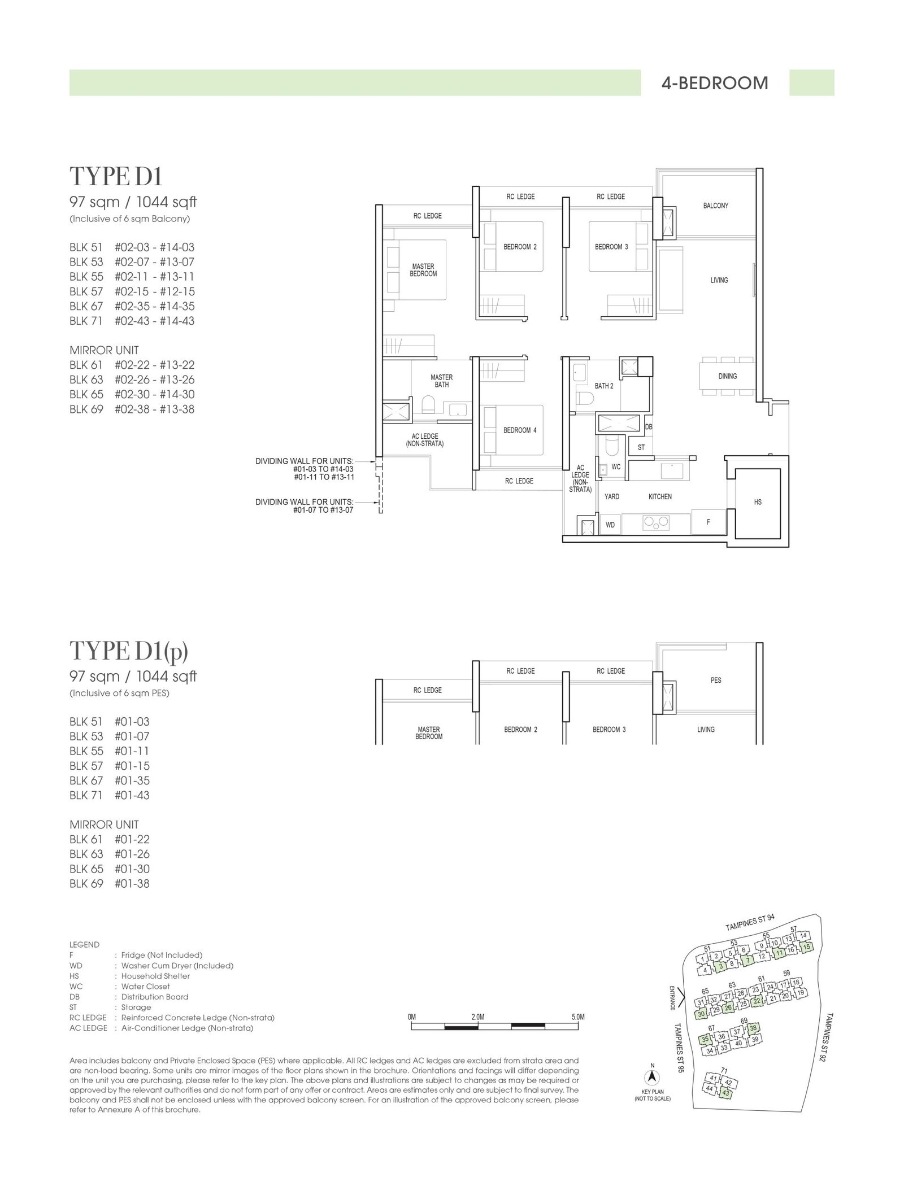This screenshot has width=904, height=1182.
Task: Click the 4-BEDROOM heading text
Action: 714,83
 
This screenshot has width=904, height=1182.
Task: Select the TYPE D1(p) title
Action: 129,651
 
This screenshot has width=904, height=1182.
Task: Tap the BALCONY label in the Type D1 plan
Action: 715,206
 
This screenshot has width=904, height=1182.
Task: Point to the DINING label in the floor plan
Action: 727,376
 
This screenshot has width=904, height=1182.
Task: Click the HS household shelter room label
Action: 758,501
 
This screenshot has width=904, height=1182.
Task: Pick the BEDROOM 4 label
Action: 520,430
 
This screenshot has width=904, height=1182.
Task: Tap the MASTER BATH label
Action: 442,381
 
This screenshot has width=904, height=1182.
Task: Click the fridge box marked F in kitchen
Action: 709,522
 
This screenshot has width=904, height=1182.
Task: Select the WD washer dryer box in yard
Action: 610,525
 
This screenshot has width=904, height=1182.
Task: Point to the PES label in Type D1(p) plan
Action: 716,680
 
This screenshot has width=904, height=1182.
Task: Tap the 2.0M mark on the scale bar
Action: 477,1017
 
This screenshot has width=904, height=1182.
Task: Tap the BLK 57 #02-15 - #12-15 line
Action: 132,291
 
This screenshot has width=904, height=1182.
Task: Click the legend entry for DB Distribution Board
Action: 129,997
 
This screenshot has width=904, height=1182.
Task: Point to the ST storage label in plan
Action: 641,447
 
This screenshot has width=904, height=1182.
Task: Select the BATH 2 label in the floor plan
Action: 603,386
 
